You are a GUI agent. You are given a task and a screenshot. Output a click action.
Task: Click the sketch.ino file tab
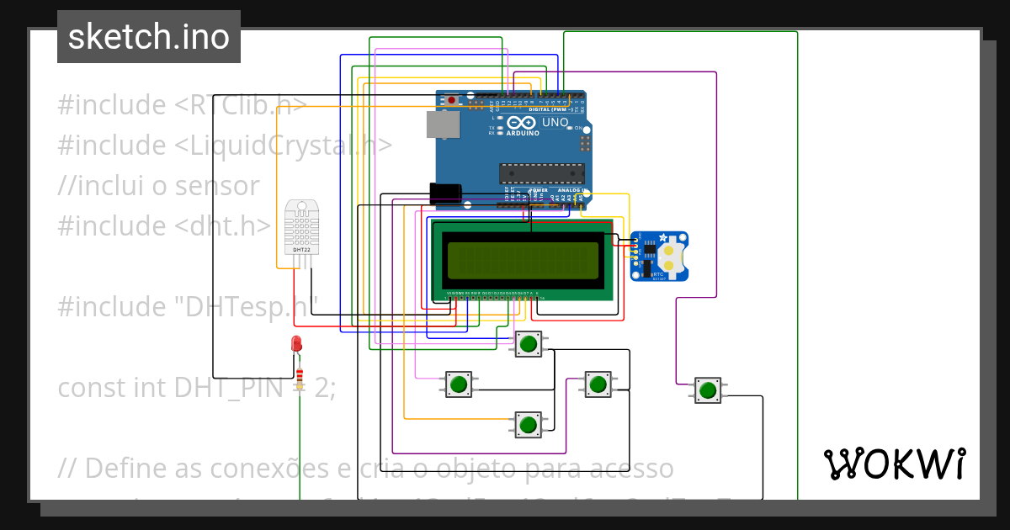pyautogui.click(x=149, y=37)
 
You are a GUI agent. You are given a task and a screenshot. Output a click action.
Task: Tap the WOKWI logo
pyautogui.click(x=894, y=464)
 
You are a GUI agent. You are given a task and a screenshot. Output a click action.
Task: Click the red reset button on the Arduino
pyautogui.click(x=452, y=100)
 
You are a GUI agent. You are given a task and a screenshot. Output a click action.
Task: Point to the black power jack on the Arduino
pyautogui.click(x=445, y=193)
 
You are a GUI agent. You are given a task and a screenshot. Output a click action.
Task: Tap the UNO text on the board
pyautogui.click(x=555, y=123)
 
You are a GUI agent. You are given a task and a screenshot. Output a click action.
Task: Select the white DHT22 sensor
pyautogui.click(x=301, y=227)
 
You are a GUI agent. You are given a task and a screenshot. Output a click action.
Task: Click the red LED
pyautogui.click(x=296, y=343)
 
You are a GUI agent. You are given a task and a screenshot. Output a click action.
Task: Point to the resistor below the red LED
pyautogui.click(x=300, y=376)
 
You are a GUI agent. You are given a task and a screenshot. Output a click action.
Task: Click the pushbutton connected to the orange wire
pyautogui.click(x=528, y=424)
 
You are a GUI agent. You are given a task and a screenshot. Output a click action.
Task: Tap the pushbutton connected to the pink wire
pyautogui.click(x=458, y=384)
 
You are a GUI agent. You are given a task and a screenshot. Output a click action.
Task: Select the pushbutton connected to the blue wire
pyautogui.click(x=528, y=343)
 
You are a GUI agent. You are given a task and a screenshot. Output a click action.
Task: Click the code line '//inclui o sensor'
pyautogui.click(x=158, y=186)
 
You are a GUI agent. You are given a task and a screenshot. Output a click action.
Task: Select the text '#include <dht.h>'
pyautogui.click(x=164, y=226)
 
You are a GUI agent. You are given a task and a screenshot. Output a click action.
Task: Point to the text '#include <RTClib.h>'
pyautogui.click(x=181, y=105)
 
